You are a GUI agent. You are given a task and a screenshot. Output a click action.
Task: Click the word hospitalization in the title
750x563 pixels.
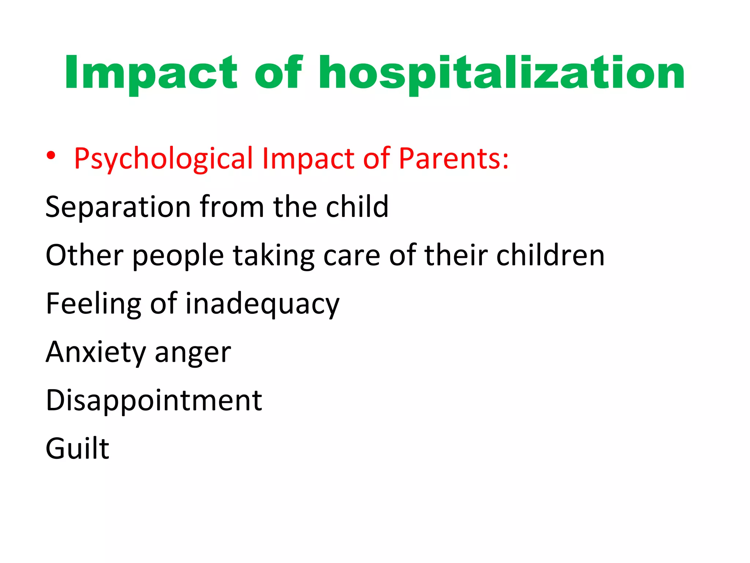coord(501,73)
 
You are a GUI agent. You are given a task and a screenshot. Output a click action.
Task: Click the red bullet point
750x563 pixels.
coord(51,156)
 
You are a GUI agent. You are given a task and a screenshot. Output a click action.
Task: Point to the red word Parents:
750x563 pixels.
coord(454,159)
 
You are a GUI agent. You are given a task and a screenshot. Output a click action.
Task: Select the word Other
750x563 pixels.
coord(85,255)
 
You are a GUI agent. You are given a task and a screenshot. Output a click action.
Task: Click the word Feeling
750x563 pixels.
coord(94,304)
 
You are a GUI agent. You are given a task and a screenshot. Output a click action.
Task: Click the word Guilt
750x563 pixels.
coord(77,448)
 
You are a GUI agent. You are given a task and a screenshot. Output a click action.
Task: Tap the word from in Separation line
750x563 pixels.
coord(232,207)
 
